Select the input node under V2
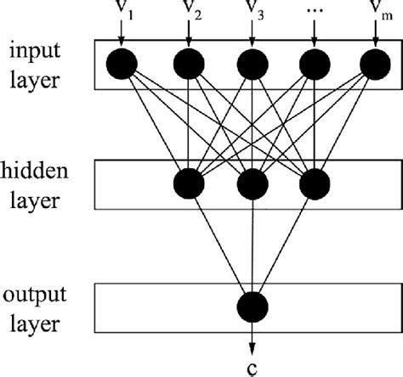[x=189, y=63]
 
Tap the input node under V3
[x=252, y=63]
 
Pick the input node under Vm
[x=375, y=63]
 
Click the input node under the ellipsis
[x=314, y=63]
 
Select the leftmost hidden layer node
[x=189, y=183]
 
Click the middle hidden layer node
[x=252, y=183]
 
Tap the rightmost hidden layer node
[x=314, y=183]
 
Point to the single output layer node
[x=252, y=305]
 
